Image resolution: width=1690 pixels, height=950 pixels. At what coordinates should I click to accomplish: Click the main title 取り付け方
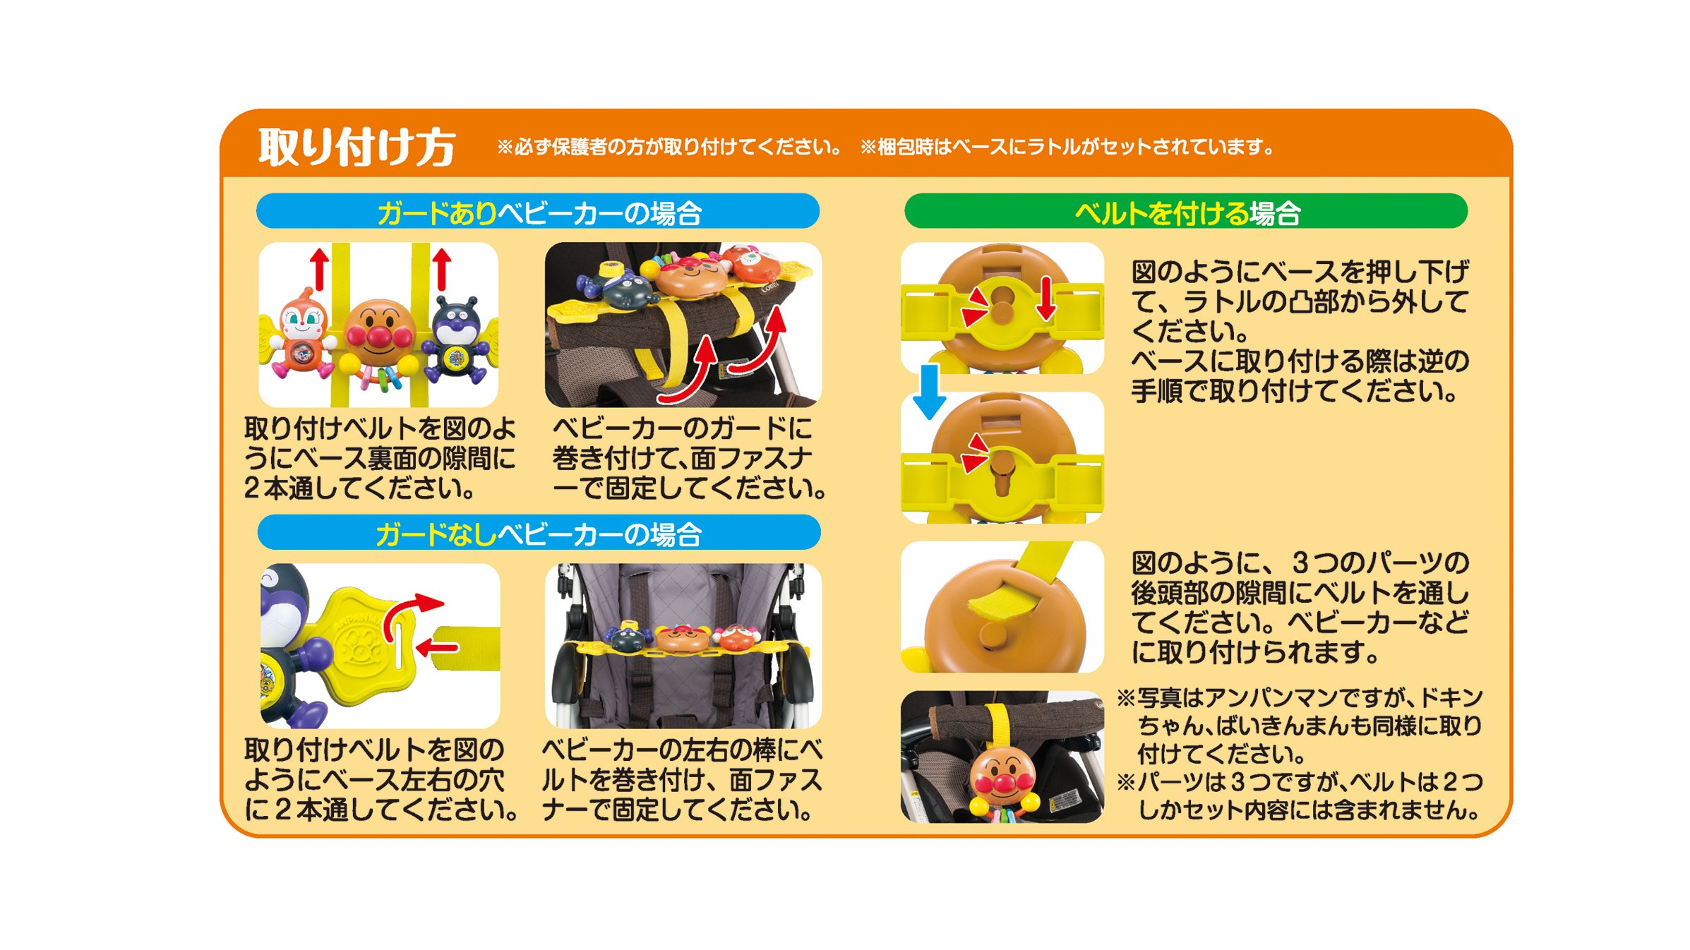pyautogui.click(x=356, y=147)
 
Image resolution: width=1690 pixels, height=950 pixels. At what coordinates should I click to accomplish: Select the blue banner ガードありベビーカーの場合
pyautogui.click(x=538, y=211)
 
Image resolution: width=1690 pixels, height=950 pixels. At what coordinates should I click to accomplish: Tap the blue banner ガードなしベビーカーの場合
pyautogui.click(x=539, y=533)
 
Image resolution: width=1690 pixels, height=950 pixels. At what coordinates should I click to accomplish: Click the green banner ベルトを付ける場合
pyautogui.click(x=1186, y=211)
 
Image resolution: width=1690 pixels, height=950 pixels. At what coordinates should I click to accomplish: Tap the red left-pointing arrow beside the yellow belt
pyautogui.click(x=438, y=647)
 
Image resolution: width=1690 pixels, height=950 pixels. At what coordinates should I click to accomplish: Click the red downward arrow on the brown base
pyautogui.click(x=1046, y=298)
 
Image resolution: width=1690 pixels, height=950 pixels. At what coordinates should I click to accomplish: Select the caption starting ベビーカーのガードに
pyautogui.click(x=689, y=458)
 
